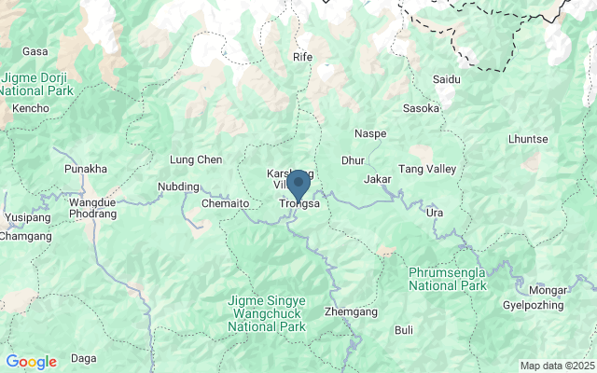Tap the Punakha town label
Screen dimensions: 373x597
pos(86,169)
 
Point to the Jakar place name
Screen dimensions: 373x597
pos(377,178)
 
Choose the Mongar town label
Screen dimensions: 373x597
pos(548,290)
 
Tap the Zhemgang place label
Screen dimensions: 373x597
pos(346,311)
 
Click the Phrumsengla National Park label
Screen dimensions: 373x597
pos(448,278)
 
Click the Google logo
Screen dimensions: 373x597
pos(31,362)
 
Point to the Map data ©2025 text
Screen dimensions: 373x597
pos(557,366)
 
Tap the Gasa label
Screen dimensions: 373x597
pos(35,51)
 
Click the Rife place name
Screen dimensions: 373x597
pos(302,57)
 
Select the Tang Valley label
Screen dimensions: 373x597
pos(427,169)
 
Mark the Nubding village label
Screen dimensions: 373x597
pos(178,186)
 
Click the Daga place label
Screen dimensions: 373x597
pos(84,358)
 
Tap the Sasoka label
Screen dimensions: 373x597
pos(421,108)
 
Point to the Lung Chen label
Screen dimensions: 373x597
pos(196,160)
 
